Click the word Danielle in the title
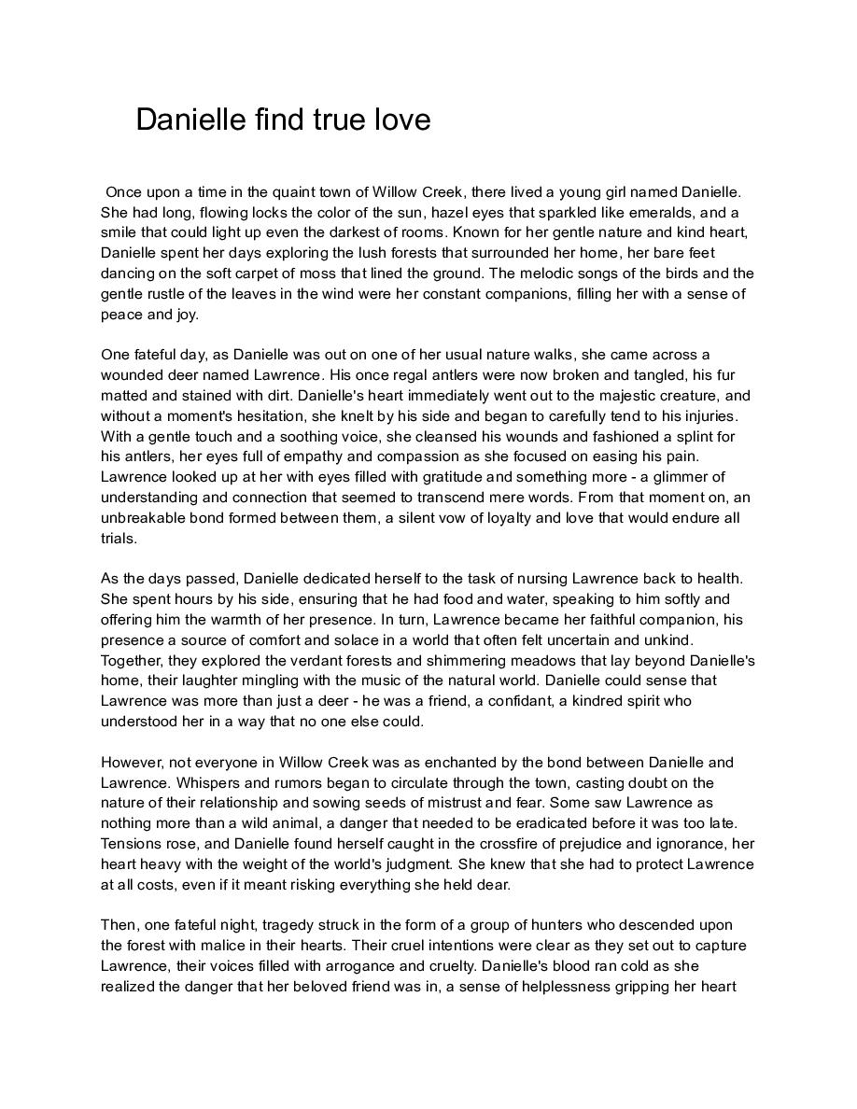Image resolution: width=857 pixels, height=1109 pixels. pyautogui.click(x=190, y=119)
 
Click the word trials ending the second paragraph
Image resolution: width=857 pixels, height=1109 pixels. pyautogui.click(x=119, y=539)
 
